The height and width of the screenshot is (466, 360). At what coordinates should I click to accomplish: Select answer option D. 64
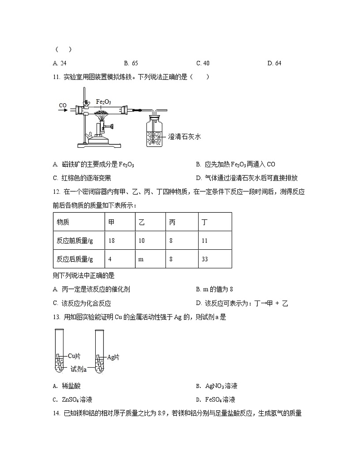274,63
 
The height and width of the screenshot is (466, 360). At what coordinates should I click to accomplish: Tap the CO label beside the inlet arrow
63,105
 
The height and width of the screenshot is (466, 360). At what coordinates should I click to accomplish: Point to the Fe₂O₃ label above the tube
103,101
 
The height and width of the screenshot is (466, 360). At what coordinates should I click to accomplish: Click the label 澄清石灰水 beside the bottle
184,136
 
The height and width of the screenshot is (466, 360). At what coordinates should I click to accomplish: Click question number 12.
56,192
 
